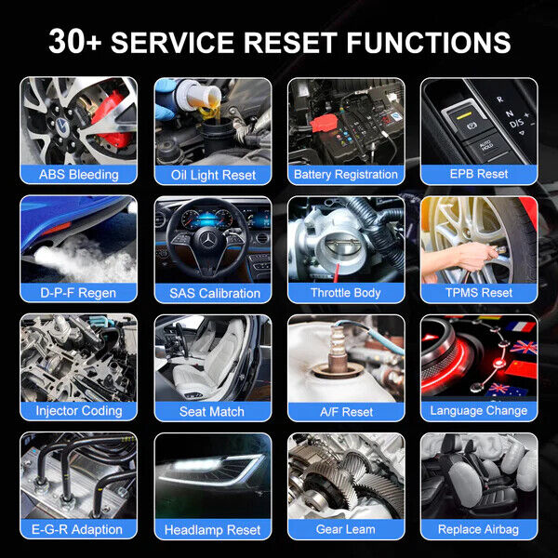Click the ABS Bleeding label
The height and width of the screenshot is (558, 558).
(79, 174)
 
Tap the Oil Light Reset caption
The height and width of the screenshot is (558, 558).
(212, 174)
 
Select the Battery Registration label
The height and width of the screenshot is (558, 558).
(345, 174)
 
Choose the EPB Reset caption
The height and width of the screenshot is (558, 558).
(479, 174)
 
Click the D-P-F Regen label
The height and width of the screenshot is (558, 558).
(79, 293)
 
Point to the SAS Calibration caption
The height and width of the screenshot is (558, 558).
(212, 293)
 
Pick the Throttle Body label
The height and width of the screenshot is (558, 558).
(345, 293)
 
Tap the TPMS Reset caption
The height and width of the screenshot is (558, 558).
(479, 293)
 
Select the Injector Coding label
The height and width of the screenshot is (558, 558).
(79, 410)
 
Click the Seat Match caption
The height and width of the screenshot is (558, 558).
(212, 411)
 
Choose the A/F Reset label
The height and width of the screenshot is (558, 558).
(345, 411)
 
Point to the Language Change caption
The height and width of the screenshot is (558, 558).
(479, 410)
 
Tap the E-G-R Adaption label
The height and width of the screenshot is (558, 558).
(79, 529)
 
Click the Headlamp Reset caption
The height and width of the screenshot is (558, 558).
(212, 529)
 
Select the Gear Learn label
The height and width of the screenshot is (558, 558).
(345, 529)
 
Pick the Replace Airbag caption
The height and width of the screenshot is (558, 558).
(479, 529)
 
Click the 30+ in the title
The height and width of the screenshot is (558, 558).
(77, 42)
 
